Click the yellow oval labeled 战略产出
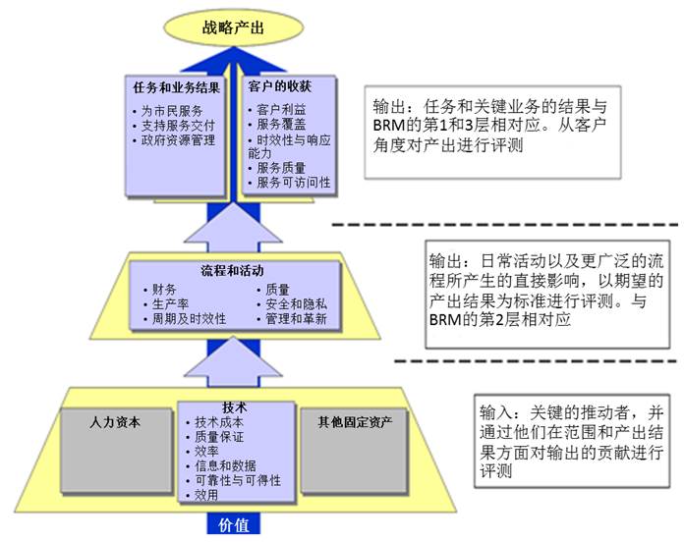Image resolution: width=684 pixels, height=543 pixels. [x=233, y=27]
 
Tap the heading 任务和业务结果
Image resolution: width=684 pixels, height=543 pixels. [x=176, y=87]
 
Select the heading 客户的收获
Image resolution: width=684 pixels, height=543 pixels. [x=280, y=86]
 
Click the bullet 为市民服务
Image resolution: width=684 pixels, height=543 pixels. [x=172, y=111]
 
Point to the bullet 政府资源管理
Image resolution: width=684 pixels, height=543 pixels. [x=178, y=140]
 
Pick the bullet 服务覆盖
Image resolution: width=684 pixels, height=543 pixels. [x=281, y=124]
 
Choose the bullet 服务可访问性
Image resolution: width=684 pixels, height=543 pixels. [x=294, y=183]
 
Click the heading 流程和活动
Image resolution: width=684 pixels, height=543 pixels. [x=232, y=271]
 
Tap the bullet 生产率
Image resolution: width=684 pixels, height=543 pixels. [x=170, y=303]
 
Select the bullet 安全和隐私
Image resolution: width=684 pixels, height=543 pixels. [x=296, y=303]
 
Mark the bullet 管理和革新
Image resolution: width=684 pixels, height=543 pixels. [x=296, y=318]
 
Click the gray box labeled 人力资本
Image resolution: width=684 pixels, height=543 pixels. [x=116, y=451]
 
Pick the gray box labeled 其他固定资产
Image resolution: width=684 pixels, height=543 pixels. [x=354, y=451]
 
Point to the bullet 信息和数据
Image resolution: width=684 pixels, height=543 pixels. [x=225, y=465]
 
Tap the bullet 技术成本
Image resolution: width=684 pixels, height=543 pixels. [x=219, y=422]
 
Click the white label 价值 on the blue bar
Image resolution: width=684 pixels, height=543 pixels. [x=233, y=524]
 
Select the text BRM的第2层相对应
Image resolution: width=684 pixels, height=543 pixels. [x=500, y=320]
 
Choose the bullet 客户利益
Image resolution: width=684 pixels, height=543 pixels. [x=281, y=109]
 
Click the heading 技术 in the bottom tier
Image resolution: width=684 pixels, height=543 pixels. [x=235, y=407]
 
